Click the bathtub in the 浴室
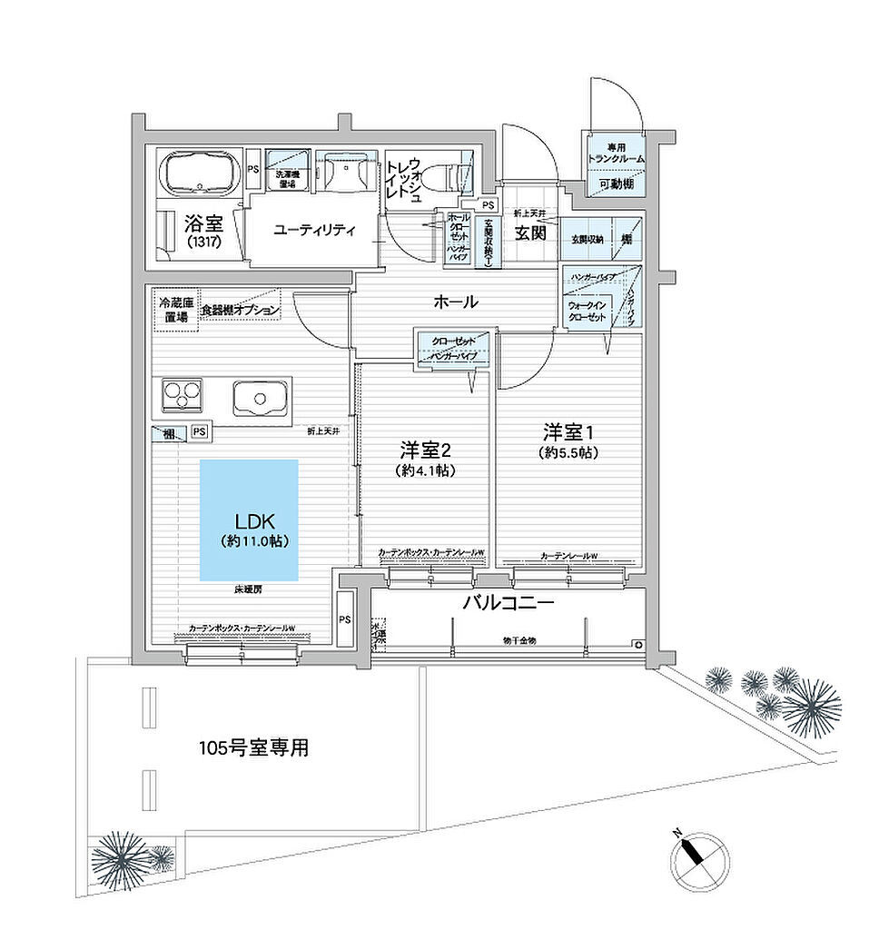[199, 173]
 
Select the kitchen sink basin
[260, 397]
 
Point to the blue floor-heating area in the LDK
[249, 519]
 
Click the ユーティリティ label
[314, 231]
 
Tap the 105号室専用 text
[254, 748]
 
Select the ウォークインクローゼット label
[588, 312]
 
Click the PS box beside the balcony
[344, 619]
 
